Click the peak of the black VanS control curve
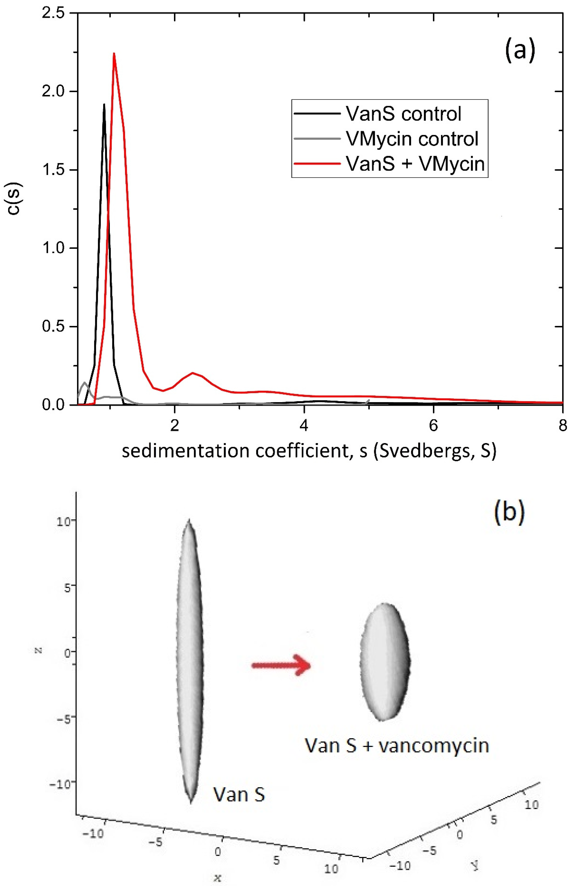pos(104,105)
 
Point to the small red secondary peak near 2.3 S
pos(192,373)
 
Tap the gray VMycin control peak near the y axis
pos(85,383)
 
